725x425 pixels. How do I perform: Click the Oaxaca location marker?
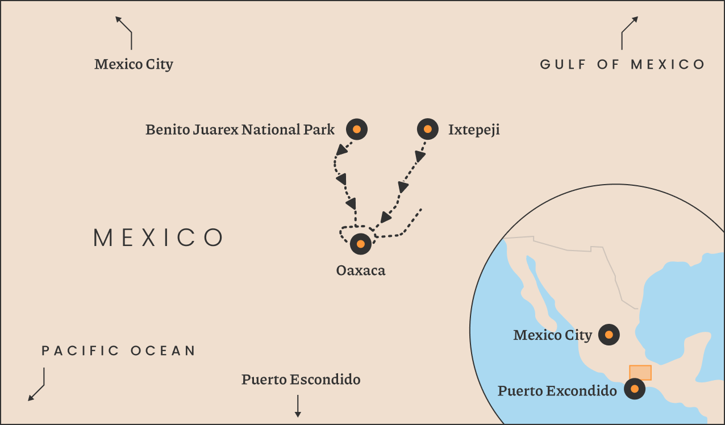click(361, 244)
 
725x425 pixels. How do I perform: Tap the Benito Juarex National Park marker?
click(357, 130)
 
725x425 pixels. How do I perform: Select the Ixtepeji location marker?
click(427, 130)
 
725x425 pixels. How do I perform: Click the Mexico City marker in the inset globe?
click(609, 335)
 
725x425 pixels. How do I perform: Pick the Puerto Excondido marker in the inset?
click(634, 389)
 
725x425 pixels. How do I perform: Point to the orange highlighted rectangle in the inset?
click(640, 372)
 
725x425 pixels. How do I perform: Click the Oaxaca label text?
click(361, 270)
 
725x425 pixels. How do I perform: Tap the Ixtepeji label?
click(474, 130)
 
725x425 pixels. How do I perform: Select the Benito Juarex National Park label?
click(240, 130)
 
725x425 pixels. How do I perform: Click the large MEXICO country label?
click(159, 238)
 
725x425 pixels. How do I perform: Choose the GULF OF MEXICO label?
click(622, 64)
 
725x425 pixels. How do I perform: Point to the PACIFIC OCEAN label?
click(119, 351)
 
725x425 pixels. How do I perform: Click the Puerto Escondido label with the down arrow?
click(301, 380)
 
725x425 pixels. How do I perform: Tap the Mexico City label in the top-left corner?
click(134, 64)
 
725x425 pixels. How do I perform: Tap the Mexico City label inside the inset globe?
click(552, 335)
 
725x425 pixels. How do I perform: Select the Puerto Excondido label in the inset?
click(557, 391)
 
